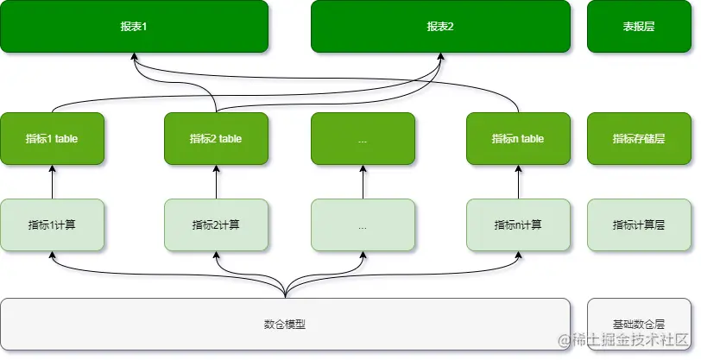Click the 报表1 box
pyautogui.click(x=134, y=27)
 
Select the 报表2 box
pyautogui.click(x=440, y=27)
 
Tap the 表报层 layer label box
pyautogui.click(x=639, y=27)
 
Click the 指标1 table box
pyautogui.click(x=53, y=139)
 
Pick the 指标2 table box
pyautogui.click(x=216, y=139)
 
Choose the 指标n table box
pyautogui.click(x=518, y=139)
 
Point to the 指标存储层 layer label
pyautogui.click(x=639, y=139)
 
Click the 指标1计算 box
pyautogui.click(x=53, y=225)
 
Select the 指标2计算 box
pyautogui.click(x=216, y=225)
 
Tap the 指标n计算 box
pyautogui.click(x=518, y=225)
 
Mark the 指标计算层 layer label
pyautogui.click(x=639, y=225)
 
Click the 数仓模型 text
pyautogui.click(x=285, y=325)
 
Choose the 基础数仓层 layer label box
pyautogui.click(x=639, y=325)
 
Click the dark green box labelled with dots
pyautogui.click(x=363, y=139)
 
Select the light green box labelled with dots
pyautogui.click(x=363, y=225)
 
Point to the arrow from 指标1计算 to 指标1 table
pyautogui.click(x=53, y=182)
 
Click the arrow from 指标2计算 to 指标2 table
pyautogui.click(x=216, y=182)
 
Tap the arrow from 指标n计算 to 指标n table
pyautogui.click(x=518, y=182)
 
